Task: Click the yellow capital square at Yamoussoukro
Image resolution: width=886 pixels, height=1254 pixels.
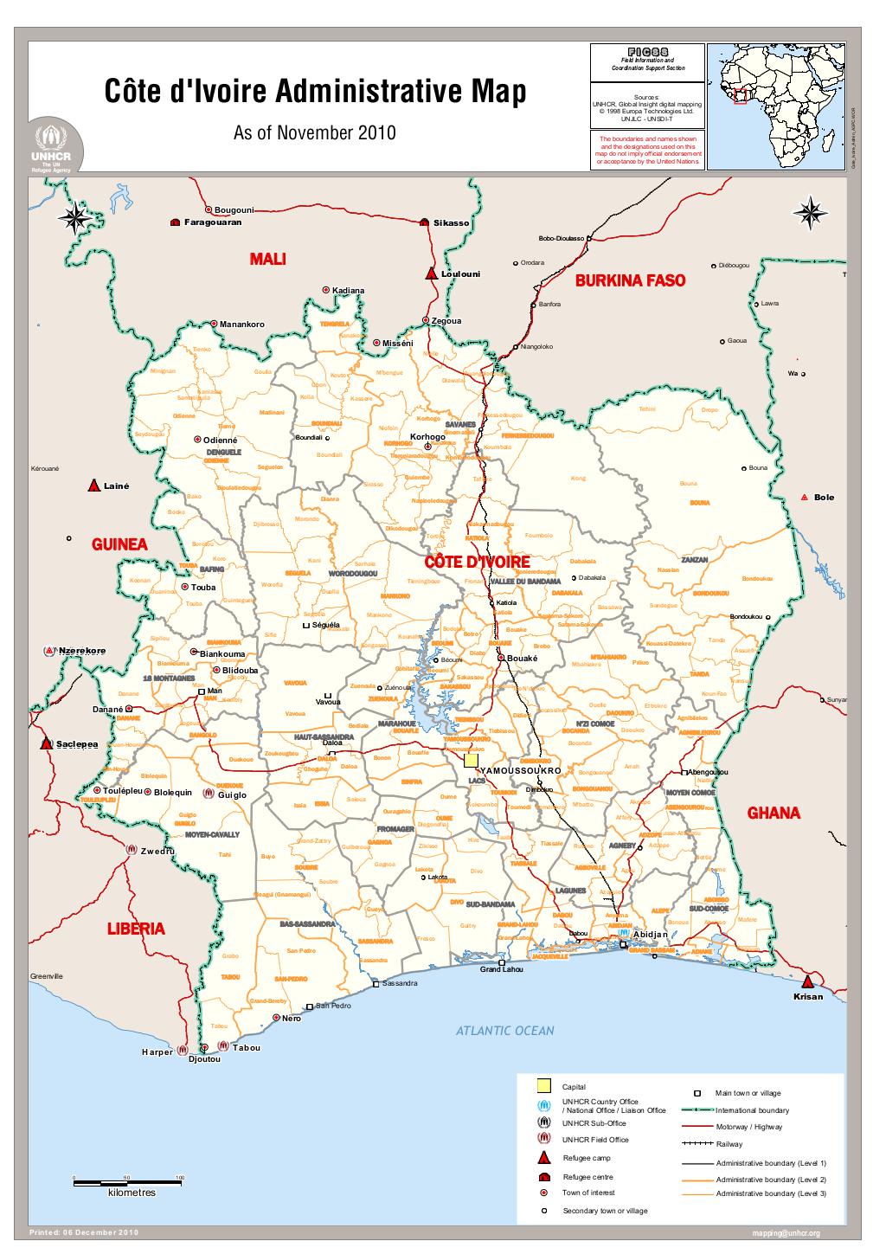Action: pyautogui.click(x=471, y=761)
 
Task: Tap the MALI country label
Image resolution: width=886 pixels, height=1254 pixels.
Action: pyautogui.click(x=267, y=259)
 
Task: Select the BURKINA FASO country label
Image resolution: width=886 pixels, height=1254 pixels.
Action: pyautogui.click(x=630, y=280)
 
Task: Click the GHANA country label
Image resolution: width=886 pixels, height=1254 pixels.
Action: pyautogui.click(x=774, y=813)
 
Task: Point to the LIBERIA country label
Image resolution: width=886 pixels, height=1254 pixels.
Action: pyautogui.click(x=135, y=929)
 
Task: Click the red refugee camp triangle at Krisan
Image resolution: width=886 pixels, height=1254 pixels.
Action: pyautogui.click(x=808, y=982)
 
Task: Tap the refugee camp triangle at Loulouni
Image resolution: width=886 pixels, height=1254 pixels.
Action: pyautogui.click(x=431, y=273)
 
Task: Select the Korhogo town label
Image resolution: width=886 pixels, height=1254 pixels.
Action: pyautogui.click(x=427, y=437)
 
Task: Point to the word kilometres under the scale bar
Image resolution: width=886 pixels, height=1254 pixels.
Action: pyautogui.click(x=132, y=1193)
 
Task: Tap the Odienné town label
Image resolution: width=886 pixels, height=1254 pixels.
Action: pyautogui.click(x=219, y=441)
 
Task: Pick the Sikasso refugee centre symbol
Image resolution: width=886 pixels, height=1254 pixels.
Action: pyautogui.click(x=424, y=222)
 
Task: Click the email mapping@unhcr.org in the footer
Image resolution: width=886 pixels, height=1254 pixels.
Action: pyautogui.click(x=786, y=1233)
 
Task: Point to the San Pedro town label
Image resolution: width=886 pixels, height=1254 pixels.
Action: pyautogui.click(x=332, y=1006)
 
